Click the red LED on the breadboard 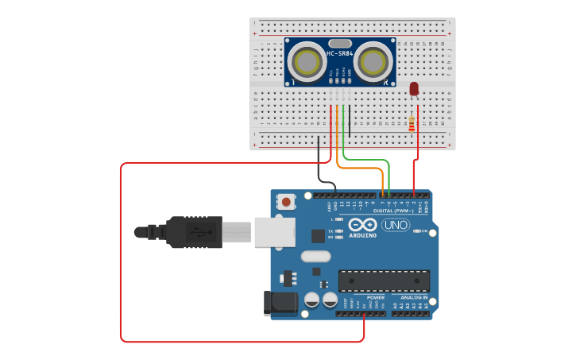tap(414, 88)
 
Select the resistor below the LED tap(411, 123)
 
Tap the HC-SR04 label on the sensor tap(339, 53)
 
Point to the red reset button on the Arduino tap(284, 202)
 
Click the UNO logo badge tap(395, 225)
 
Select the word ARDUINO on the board tap(363, 235)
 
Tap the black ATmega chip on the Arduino tap(384, 281)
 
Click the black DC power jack tap(280, 303)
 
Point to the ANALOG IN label tap(413, 297)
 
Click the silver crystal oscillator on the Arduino tap(315, 257)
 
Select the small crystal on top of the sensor tap(339, 44)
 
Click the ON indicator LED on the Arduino tap(416, 231)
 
